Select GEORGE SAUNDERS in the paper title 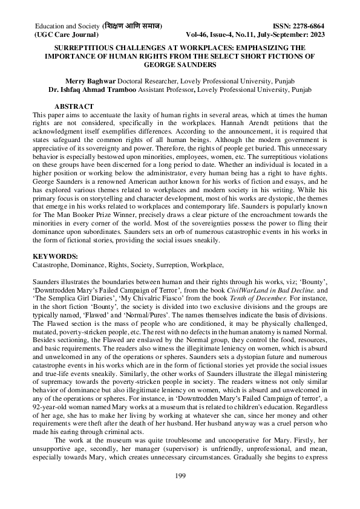[x=180, y=64]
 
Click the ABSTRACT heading [x=73, y=106]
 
